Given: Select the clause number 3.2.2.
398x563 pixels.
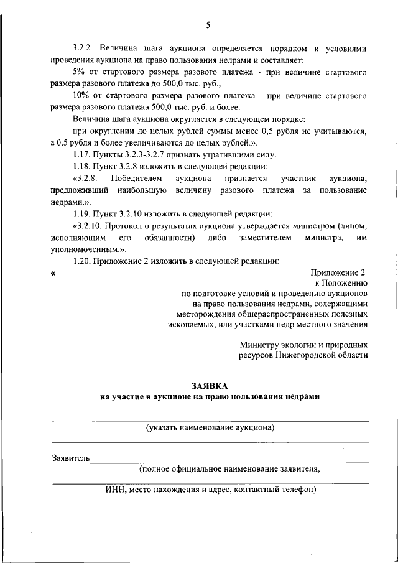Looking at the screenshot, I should click(83, 48).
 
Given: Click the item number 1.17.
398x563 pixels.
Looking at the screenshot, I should click(82, 154).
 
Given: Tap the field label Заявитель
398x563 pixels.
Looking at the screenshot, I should click(70, 458).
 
